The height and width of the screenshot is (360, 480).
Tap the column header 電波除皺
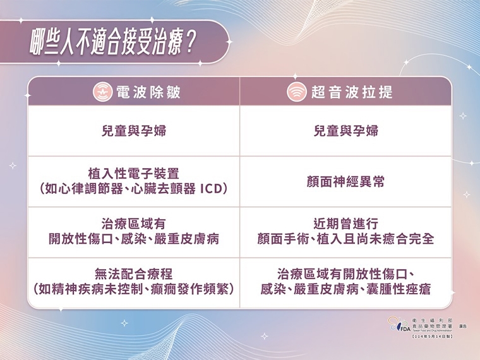pos(148,92)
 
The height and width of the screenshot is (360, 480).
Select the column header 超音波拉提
pos(352,92)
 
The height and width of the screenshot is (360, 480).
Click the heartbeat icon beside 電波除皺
pos(104,92)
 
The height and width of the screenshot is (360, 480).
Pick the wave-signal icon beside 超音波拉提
pos(295,92)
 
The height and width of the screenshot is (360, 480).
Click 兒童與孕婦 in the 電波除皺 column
pos(134,131)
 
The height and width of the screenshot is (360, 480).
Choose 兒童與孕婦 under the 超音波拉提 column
pos(346,131)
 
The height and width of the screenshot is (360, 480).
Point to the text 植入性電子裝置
pos(134,172)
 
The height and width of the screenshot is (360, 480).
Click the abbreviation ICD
pos(212,188)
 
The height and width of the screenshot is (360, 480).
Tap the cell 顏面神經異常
pos(346,182)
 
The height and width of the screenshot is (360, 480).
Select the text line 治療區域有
pos(134,224)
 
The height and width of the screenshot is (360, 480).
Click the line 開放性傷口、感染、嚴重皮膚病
pos(134,239)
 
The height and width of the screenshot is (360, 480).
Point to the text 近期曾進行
pos(346,224)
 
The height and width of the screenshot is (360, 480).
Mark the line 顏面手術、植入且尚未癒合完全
pos(346,239)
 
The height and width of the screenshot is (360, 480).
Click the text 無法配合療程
pos(134,274)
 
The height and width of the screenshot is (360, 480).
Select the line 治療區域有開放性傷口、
pos(346,274)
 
